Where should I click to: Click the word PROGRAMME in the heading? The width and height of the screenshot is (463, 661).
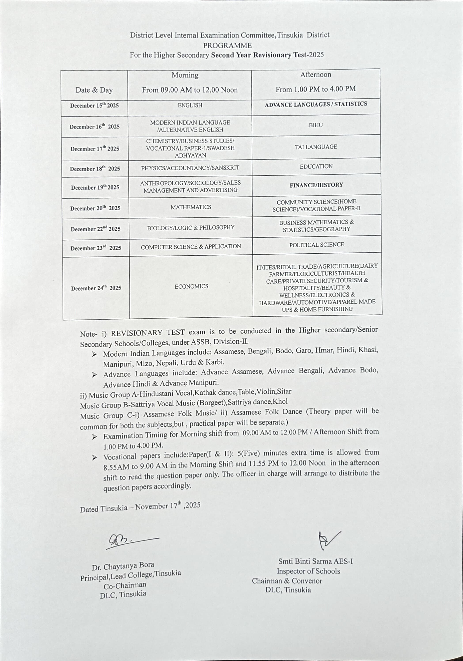(227, 46)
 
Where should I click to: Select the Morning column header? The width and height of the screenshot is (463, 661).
(185, 75)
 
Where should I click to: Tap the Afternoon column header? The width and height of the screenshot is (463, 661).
(316, 75)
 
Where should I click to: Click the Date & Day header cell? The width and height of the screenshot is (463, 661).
(94, 90)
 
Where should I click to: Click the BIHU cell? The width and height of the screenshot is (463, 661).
(316, 125)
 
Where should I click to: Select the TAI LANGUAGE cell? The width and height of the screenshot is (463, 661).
(316, 147)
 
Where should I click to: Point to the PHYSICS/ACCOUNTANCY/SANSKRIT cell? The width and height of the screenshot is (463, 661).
(190, 168)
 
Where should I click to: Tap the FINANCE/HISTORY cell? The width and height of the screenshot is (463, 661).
(316, 185)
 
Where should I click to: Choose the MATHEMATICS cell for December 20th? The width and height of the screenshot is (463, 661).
(191, 207)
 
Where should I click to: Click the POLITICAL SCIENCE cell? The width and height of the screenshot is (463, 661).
(317, 245)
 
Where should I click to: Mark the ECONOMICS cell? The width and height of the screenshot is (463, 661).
(191, 287)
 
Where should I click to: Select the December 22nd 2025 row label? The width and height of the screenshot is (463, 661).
(95, 229)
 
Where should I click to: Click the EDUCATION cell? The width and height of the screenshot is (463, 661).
(316, 166)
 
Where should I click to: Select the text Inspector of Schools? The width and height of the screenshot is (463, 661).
(308, 571)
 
